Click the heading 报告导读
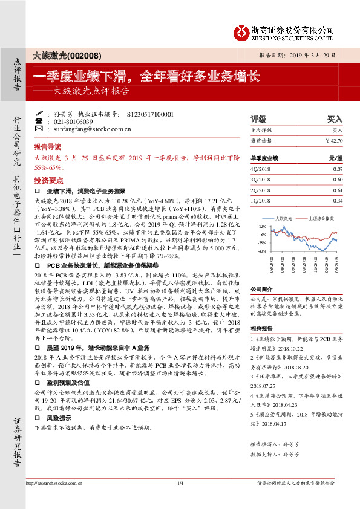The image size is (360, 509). pyautogui.click(x=48, y=147)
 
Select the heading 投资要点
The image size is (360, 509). pyautogui.click(x=48, y=180)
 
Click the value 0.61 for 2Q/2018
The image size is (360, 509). pyautogui.click(x=338, y=190)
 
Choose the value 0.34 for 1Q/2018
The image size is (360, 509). pyautogui.click(x=338, y=200)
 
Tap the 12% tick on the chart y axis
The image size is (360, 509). pyautogui.click(x=262, y=225)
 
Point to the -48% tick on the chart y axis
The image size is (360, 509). pyautogui.click(x=261, y=251)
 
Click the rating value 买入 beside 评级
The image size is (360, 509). pyautogui.click(x=335, y=119)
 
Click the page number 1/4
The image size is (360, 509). pyautogui.click(x=180, y=500)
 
